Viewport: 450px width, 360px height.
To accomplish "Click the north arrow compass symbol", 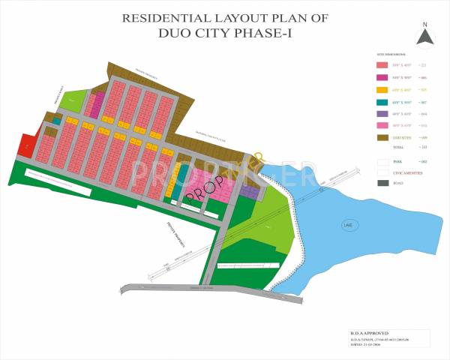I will click(x=424, y=35).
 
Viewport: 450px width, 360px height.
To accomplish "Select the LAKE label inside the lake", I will click(x=347, y=223).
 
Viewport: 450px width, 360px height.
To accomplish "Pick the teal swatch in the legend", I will click(x=382, y=102).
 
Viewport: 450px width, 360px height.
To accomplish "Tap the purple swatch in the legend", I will click(x=382, y=114).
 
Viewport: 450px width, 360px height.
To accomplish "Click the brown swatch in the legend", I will click(x=382, y=138).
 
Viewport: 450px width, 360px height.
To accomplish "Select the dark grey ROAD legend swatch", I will click(x=382, y=183).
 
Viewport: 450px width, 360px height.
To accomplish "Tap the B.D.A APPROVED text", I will click(x=370, y=332).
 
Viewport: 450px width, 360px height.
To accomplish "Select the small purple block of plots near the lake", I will click(x=250, y=193).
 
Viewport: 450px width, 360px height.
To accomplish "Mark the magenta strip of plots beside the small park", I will click(x=97, y=103).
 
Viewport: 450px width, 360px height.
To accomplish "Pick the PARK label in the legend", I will click(x=397, y=161).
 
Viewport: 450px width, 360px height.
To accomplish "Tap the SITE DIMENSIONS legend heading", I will click(x=391, y=55).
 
